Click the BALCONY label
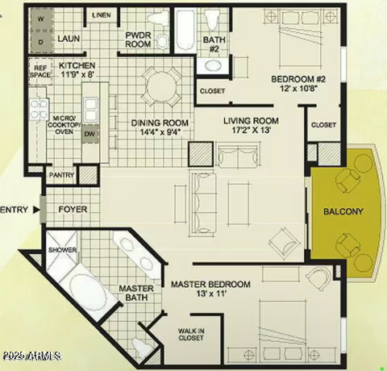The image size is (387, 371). point(343,212)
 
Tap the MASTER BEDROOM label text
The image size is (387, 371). point(210,284)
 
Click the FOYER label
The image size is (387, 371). point(73,210)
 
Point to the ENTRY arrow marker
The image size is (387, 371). point(35,210)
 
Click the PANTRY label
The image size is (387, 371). point(62,174)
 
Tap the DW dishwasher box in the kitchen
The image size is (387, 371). point(89,134)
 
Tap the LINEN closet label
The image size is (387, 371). point(102,15)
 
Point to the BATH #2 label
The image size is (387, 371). point(214,44)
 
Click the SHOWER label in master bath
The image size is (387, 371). point(62,250)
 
